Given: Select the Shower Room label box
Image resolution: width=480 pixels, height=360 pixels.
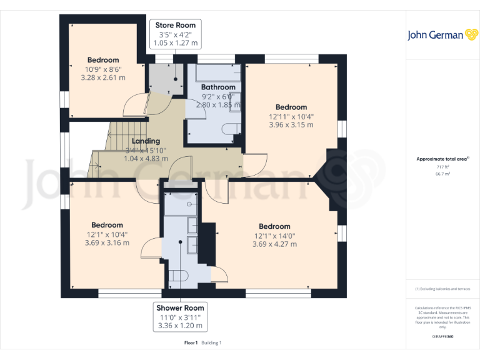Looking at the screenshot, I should click(180, 317).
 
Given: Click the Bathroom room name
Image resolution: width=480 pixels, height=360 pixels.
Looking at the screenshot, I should click(218, 87).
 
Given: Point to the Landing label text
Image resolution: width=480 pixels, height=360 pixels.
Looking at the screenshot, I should click(146, 141).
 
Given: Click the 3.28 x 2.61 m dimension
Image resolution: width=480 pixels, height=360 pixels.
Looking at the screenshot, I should click(103, 78).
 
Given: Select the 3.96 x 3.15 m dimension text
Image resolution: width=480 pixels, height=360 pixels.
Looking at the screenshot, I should click(291, 125).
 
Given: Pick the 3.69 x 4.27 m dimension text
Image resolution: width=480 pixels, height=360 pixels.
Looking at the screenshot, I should click(274, 244).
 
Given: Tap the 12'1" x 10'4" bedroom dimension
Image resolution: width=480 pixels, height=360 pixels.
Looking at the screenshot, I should click(107, 234).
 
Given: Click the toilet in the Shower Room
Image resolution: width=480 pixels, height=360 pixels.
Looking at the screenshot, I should click(180, 275).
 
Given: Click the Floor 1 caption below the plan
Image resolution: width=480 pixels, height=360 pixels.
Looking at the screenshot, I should click(191, 343).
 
